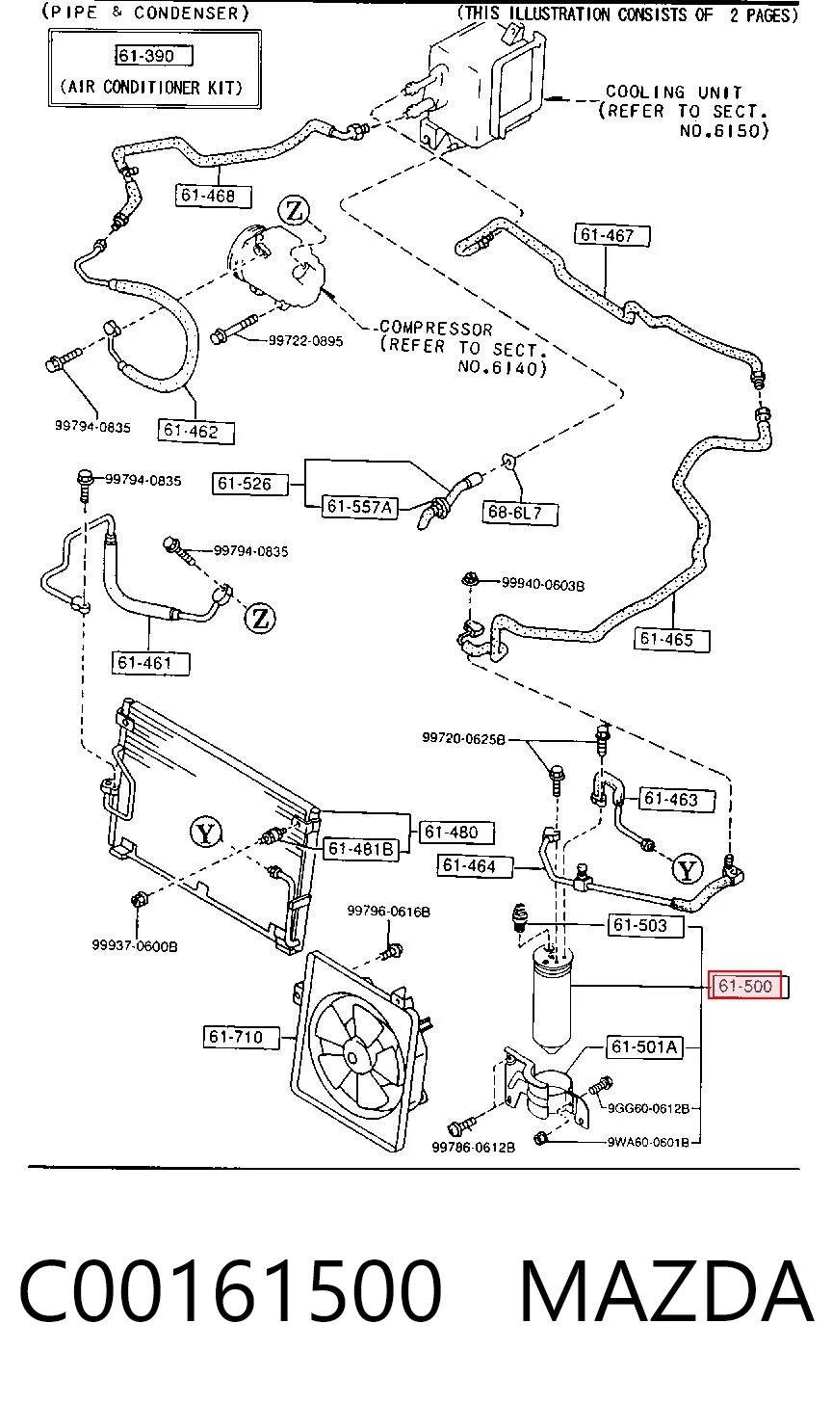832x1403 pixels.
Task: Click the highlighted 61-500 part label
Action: pyautogui.click(x=745, y=985)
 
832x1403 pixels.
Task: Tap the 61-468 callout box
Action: pyautogui.click(x=213, y=196)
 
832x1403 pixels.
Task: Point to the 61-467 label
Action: pyautogui.click(x=611, y=235)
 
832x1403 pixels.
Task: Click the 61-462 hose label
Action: pyautogui.click(x=195, y=431)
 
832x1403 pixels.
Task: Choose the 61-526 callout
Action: pyautogui.click(x=249, y=484)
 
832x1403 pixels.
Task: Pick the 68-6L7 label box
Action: pyautogui.click(x=520, y=513)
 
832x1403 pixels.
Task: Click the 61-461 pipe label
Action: pyautogui.click(x=150, y=663)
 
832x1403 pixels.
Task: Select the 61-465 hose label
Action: pyautogui.click(x=672, y=640)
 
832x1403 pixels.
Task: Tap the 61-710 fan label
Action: pyautogui.click(x=241, y=1037)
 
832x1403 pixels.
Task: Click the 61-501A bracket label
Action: pyautogui.click(x=644, y=1046)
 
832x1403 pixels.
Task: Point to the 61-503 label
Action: pyautogui.click(x=645, y=925)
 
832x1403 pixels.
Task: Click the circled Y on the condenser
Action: pyautogui.click(x=206, y=833)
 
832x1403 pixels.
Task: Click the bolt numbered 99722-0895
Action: pyautogui.click(x=234, y=330)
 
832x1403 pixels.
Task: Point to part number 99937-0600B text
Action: pyautogui.click(x=135, y=946)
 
